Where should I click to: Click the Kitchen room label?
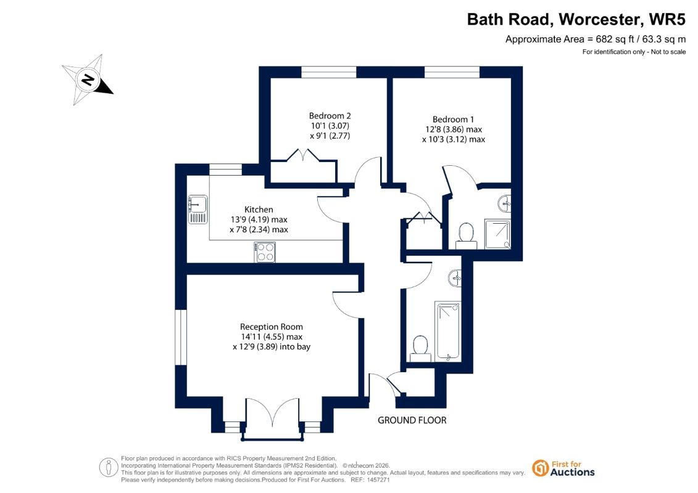(x=259, y=210)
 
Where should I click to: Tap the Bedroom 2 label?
(x=330, y=116)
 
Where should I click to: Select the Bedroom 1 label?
(x=453, y=119)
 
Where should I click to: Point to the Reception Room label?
(x=272, y=327)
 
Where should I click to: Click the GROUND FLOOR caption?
(x=412, y=420)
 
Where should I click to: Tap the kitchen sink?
(x=197, y=210)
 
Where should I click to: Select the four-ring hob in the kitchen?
(x=265, y=252)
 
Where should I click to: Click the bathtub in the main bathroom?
(x=448, y=331)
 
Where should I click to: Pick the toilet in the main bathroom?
(x=420, y=349)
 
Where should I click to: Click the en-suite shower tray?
(x=497, y=234)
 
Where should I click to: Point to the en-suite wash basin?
(x=504, y=204)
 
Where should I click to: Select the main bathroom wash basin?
(x=454, y=279)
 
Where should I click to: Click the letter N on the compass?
(x=88, y=79)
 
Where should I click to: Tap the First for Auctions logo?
(x=563, y=468)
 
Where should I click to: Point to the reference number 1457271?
(x=377, y=480)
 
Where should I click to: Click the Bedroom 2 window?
(x=329, y=72)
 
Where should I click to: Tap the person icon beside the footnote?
(x=109, y=468)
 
